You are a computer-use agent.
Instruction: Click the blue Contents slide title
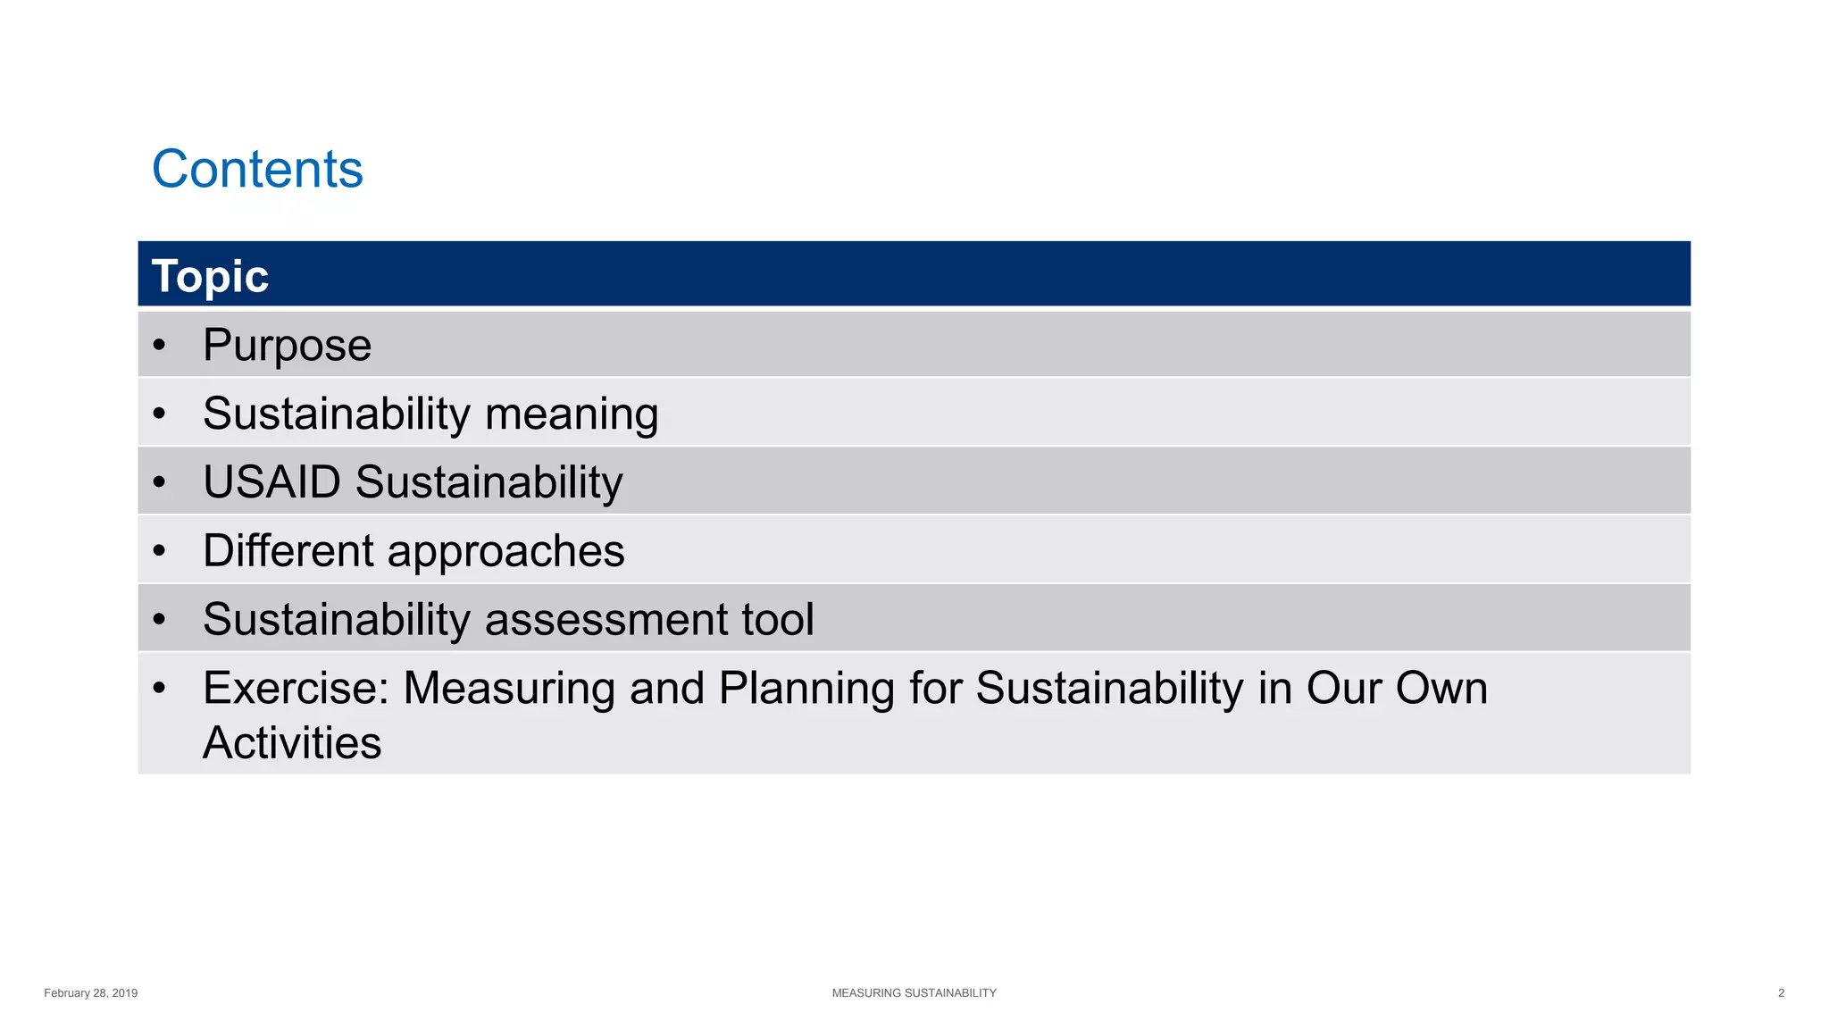tap(257, 169)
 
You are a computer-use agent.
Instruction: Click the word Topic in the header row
tap(210, 276)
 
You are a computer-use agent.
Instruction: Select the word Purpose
tap(287, 346)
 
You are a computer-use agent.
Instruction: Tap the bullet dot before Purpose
tap(159, 345)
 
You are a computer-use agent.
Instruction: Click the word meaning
tap(572, 414)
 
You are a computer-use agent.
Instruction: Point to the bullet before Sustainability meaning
tap(159, 414)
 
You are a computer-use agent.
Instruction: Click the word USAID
tap(272, 482)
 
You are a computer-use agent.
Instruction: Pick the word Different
tap(288, 550)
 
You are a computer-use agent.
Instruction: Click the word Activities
tap(292, 743)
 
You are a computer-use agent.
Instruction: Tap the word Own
tap(1441, 689)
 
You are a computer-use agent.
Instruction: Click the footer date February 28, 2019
tap(90, 993)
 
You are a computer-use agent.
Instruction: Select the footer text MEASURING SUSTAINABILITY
tap(914, 993)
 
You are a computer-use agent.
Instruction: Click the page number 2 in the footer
tap(1781, 993)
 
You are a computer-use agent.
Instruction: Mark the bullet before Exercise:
tap(159, 688)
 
